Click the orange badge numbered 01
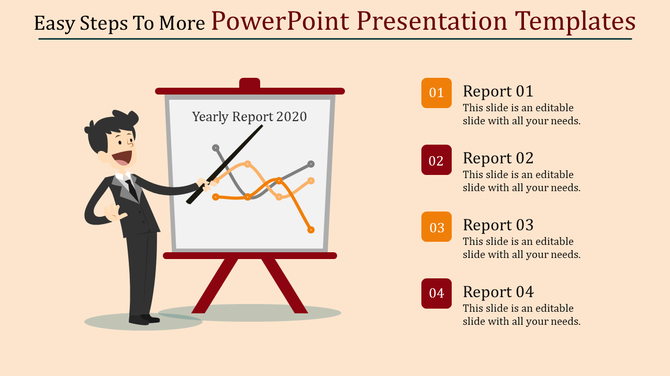(436, 93)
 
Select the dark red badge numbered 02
(436, 160)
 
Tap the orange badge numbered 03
(436, 227)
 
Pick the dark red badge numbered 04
(436, 294)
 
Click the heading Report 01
(498, 90)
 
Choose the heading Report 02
(498, 157)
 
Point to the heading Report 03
(498, 224)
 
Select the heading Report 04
(498, 291)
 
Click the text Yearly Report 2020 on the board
(249, 116)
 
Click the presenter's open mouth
(124, 155)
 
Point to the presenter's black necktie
(129, 187)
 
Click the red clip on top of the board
(249, 84)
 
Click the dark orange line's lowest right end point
(311, 230)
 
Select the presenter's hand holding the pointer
(204, 183)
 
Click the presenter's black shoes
(144, 319)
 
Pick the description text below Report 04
(521, 314)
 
